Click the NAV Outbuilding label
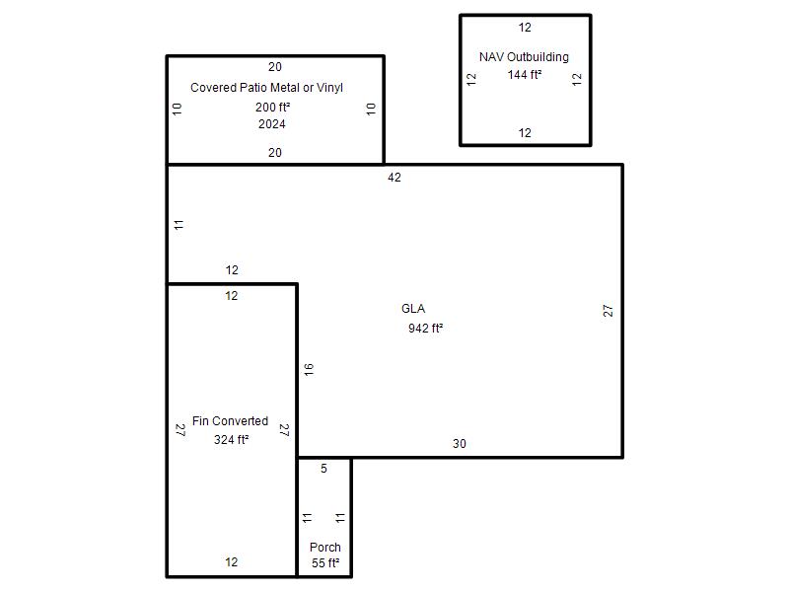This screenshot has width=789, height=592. pos(524,57)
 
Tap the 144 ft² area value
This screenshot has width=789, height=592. pos(525,75)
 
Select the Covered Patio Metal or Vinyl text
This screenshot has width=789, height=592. pos(266,88)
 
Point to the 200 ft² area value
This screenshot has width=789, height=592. pos(273,108)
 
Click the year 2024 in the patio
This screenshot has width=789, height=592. pos(272,124)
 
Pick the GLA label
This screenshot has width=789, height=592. pos(413,309)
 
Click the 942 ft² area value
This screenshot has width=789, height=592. pos(426,329)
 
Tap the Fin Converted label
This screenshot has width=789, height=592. pos(230,421)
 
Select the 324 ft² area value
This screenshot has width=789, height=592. pos(231,439)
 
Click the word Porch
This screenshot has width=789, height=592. pos(325,548)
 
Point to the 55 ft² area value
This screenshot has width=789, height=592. pos(325,563)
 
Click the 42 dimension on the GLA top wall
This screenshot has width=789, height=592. pos(394,178)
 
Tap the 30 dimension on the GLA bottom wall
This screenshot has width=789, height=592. pos(460,443)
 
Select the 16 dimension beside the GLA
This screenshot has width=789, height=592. pos(309,369)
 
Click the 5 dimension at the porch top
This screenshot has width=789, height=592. pos(324,469)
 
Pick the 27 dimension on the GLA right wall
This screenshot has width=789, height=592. pos(608,311)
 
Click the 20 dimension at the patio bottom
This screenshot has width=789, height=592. pos(275,153)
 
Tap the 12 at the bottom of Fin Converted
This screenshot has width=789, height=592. pos(232,562)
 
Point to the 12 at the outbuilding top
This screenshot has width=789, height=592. pos(525,28)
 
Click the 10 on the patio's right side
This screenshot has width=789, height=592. pos(371,110)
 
